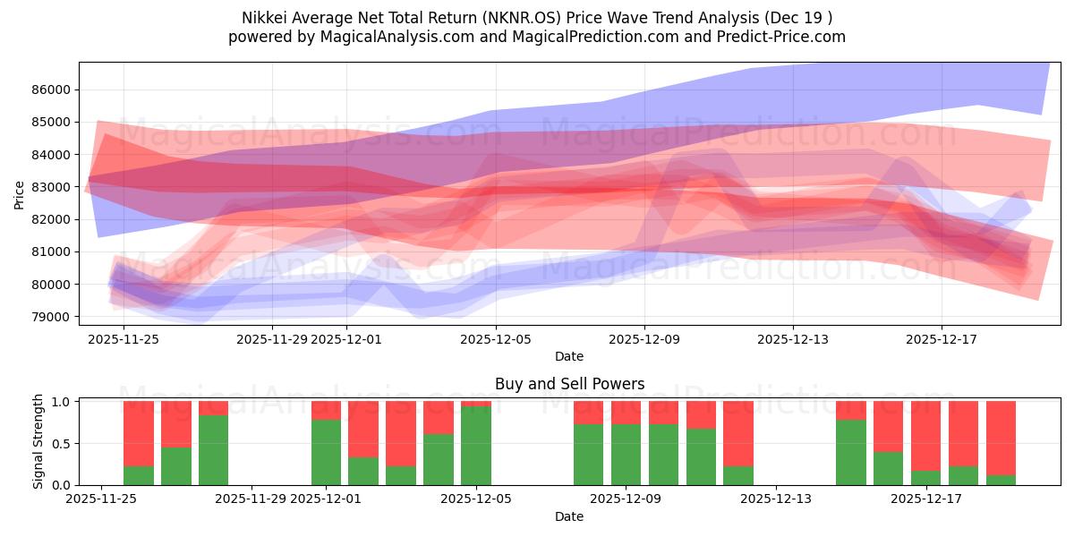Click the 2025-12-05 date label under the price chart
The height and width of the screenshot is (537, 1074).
click(x=496, y=339)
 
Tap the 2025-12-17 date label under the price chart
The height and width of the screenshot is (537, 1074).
click(x=941, y=339)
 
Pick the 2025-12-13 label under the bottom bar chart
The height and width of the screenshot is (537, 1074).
click(x=776, y=499)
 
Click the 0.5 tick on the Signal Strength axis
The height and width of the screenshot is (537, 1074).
click(x=63, y=444)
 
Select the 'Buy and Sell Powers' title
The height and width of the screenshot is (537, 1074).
click(x=569, y=384)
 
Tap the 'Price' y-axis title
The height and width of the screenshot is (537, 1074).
click(x=21, y=193)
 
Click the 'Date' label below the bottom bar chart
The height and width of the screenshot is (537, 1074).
click(x=569, y=516)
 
